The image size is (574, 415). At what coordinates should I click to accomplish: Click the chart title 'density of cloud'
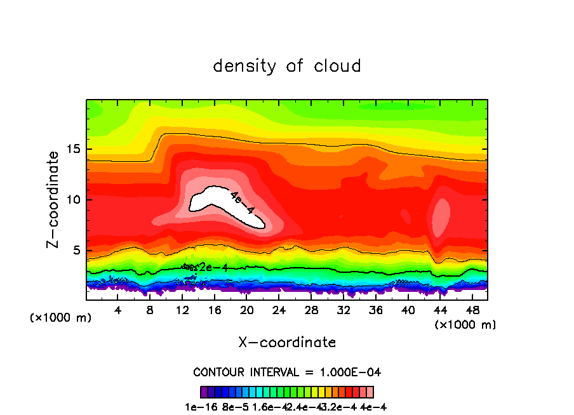point(287,66)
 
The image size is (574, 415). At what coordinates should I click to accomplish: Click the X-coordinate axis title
point(287,343)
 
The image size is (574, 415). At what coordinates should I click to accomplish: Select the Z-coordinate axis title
point(55,199)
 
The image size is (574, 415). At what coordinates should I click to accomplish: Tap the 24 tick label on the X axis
point(279,310)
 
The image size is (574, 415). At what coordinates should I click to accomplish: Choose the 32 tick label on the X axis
point(344,310)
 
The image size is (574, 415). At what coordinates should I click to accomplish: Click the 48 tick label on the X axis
point(472,310)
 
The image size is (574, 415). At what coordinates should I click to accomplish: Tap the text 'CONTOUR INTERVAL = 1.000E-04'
point(287,372)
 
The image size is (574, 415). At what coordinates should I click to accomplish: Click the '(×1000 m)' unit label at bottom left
point(61,317)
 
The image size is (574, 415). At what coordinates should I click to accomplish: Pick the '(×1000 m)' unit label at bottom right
point(465,324)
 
